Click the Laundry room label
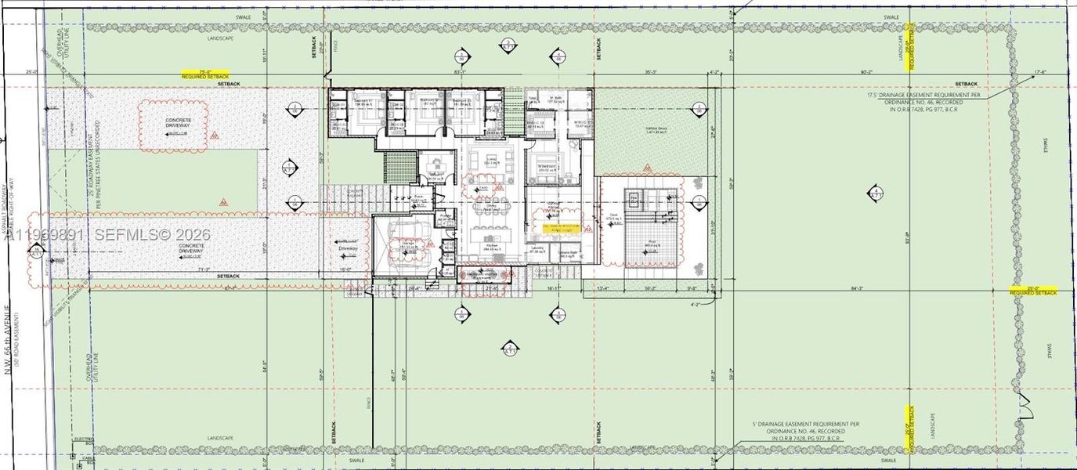pyautogui.click(x=537, y=249)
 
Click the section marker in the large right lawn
pyautogui.click(x=876, y=193)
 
